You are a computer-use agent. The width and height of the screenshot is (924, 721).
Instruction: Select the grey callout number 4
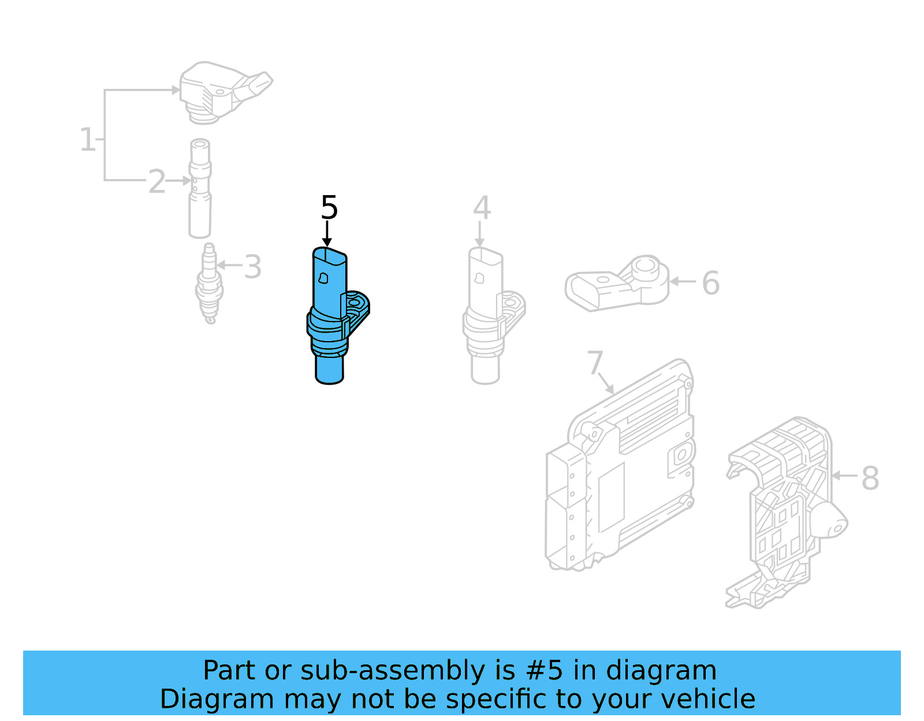click(x=482, y=208)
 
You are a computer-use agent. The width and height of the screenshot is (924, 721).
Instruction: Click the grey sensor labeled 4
click(x=485, y=317)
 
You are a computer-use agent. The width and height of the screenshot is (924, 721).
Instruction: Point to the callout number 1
click(x=87, y=140)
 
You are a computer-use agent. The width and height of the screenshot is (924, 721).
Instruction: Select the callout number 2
click(x=157, y=182)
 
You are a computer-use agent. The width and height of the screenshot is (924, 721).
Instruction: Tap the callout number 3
click(x=253, y=267)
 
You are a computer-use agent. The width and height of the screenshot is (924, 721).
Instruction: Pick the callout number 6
click(x=710, y=283)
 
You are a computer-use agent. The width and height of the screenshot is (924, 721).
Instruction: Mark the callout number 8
click(x=870, y=478)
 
